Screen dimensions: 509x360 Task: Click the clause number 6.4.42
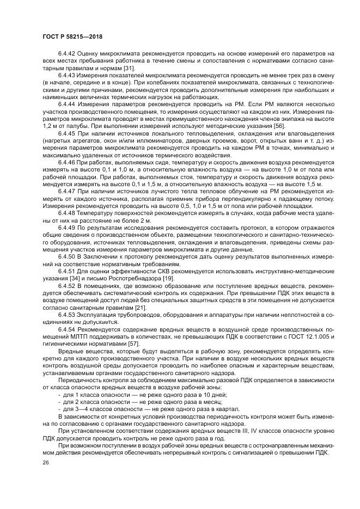tap(67, 54)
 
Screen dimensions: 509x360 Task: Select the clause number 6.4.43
tap(67, 75)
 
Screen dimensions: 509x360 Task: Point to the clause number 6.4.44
tap(67, 103)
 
